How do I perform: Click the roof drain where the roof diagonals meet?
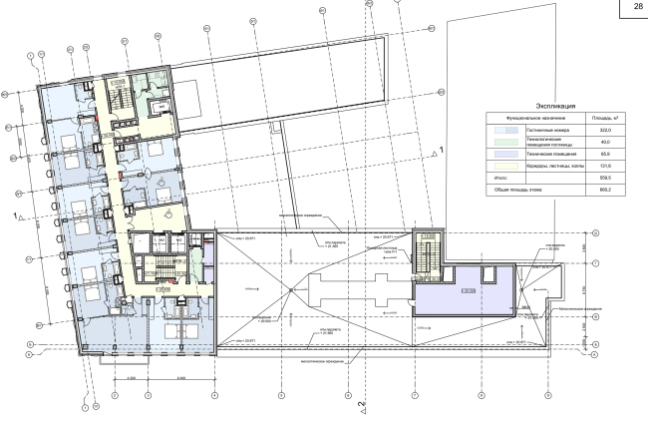290,290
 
